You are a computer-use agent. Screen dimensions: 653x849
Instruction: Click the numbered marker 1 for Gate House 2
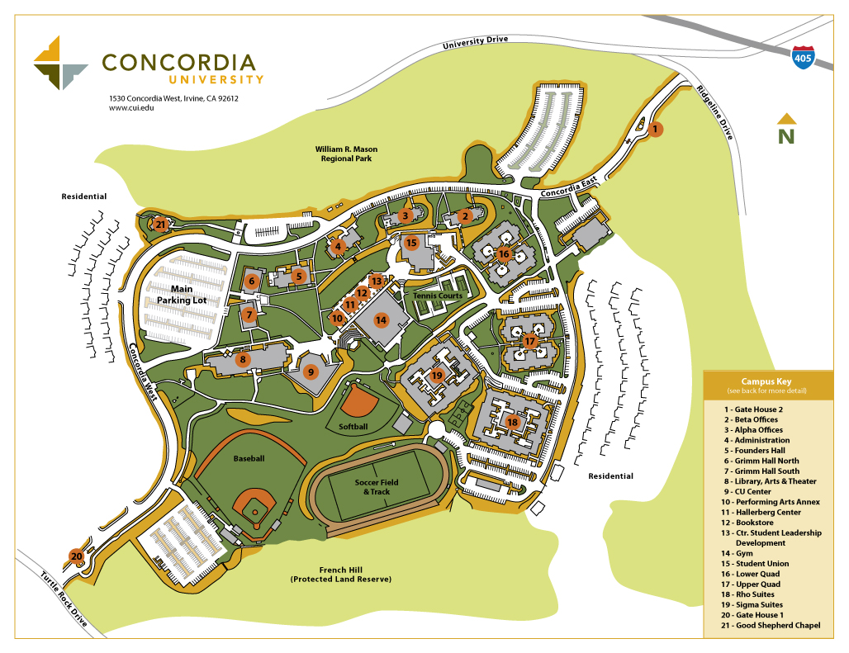point(655,129)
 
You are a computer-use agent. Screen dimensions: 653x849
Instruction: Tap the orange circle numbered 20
point(77,556)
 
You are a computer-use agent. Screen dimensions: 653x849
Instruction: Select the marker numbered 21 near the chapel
point(160,224)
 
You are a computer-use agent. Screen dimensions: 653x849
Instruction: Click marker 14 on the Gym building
point(381,319)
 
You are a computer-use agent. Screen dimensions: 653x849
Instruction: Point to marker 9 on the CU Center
point(311,371)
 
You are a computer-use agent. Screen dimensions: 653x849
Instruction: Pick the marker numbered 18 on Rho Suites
point(512,422)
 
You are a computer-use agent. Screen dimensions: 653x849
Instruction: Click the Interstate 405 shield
point(802,56)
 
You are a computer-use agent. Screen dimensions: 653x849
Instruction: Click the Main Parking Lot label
point(182,295)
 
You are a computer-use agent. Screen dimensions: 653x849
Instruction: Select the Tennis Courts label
point(439,296)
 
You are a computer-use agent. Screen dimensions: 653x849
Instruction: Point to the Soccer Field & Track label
point(377,487)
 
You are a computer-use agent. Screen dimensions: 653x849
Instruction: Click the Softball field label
point(353,427)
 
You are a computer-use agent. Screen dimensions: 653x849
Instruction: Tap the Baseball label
point(249,457)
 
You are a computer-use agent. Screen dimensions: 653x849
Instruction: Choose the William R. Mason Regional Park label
point(346,154)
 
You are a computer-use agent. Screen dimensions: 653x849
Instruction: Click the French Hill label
point(340,575)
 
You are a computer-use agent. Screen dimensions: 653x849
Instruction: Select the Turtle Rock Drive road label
point(64,599)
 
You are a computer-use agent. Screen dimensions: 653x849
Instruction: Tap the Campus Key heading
point(766,381)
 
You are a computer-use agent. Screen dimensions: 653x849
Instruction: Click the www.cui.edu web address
point(131,108)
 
